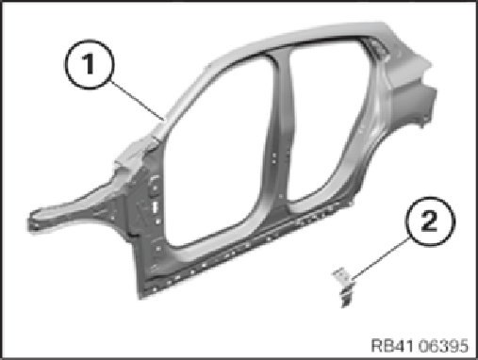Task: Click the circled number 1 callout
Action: pos(90,64)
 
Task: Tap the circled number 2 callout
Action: pos(430,221)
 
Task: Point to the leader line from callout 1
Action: pos(138,101)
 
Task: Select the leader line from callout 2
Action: pos(381,258)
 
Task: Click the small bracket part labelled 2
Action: pos(344,286)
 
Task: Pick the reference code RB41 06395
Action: pos(420,346)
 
